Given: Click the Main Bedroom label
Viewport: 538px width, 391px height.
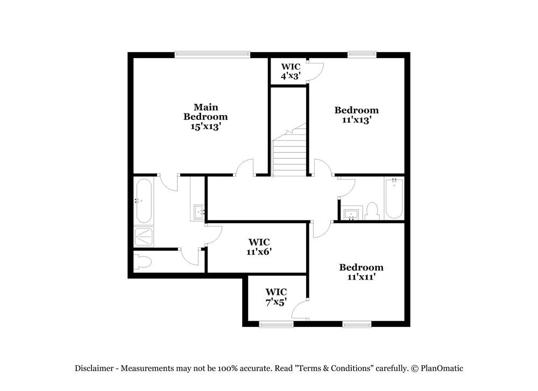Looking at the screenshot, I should click(x=205, y=112).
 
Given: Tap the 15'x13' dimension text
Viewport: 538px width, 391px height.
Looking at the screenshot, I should click(x=205, y=126).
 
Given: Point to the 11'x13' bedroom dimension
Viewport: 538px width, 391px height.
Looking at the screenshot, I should click(x=356, y=120).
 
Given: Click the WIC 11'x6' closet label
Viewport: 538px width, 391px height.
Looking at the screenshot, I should click(x=259, y=247).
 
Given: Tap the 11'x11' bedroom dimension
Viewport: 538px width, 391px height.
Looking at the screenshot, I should click(x=361, y=277).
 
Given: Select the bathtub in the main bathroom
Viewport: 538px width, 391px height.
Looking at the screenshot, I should click(x=144, y=201).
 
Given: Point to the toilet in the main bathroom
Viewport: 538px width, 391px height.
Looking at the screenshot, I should click(x=143, y=262).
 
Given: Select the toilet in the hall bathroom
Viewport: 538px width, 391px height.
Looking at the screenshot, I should click(x=372, y=211).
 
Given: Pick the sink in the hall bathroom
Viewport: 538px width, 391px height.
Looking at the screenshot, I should click(x=351, y=215).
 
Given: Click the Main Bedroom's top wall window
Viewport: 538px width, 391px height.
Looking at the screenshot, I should click(x=212, y=54).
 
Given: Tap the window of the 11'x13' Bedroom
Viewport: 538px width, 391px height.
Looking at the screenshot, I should click(x=362, y=54).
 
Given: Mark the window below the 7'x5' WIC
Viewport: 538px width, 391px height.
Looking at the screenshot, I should click(x=276, y=324).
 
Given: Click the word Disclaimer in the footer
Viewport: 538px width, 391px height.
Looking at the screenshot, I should click(x=94, y=368).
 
